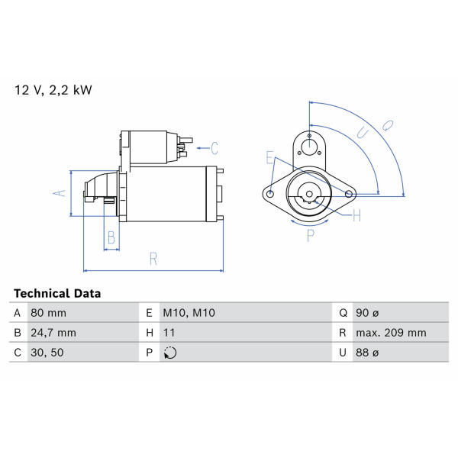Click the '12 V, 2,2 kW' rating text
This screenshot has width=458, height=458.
click(x=53, y=90)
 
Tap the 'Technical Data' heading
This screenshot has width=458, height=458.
click(x=57, y=293)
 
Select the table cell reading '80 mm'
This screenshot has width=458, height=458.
click(x=49, y=313)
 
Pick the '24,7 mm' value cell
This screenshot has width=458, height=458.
click(x=53, y=333)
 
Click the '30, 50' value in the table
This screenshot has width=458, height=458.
click(x=47, y=353)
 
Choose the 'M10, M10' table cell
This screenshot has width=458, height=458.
click(x=189, y=313)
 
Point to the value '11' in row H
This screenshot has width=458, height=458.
click(x=169, y=333)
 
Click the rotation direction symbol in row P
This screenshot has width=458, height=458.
click(x=170, y=353)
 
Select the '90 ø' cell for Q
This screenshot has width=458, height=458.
click(x=367, y=313)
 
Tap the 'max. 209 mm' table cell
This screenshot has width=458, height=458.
click(x=391, y=333)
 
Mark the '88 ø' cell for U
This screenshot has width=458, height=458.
click(x=367, y=353)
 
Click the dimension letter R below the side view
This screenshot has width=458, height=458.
click(x=153, y=259)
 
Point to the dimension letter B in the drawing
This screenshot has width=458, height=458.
click(x=111, y=237)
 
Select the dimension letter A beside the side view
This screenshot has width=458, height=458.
click(x=60, y=193)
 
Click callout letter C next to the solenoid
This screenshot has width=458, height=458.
click(x=214, y=148)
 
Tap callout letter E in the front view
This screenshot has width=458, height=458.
click(x=270, y=158)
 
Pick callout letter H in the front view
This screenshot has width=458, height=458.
click(x=356, y=216)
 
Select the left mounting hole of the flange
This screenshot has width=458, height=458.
click(x=271, y=194)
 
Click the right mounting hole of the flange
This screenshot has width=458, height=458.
click(x=349, y=194)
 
